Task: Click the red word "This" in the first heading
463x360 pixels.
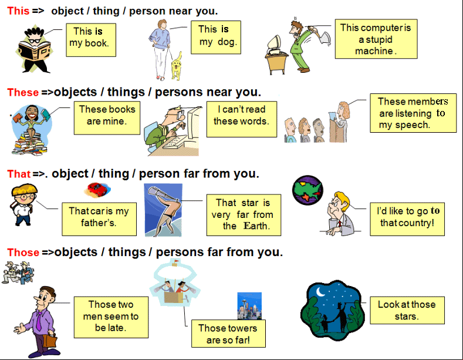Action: (18, 11)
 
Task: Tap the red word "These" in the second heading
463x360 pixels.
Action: (23, 92)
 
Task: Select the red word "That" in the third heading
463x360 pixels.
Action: (19, 174)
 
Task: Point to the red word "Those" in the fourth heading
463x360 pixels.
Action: (23, 253)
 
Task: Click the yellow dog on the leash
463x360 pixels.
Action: (177, 66)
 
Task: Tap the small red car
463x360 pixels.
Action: (97, 190)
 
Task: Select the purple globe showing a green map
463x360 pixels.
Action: (307, 190)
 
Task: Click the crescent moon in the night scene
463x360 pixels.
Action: (320, 292)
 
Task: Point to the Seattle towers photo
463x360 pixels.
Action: (249, 306)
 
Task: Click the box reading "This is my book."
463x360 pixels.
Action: (91, 40)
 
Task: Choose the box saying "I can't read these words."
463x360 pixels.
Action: (242, 119)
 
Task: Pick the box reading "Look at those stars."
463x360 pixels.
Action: (407, 310)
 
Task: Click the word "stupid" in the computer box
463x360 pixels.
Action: (379, 39)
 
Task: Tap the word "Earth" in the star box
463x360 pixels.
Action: (256, 226)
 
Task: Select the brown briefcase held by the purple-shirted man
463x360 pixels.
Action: (50, 341)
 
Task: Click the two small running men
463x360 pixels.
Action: (18, 272)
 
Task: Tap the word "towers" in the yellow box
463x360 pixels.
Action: (242, 328)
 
